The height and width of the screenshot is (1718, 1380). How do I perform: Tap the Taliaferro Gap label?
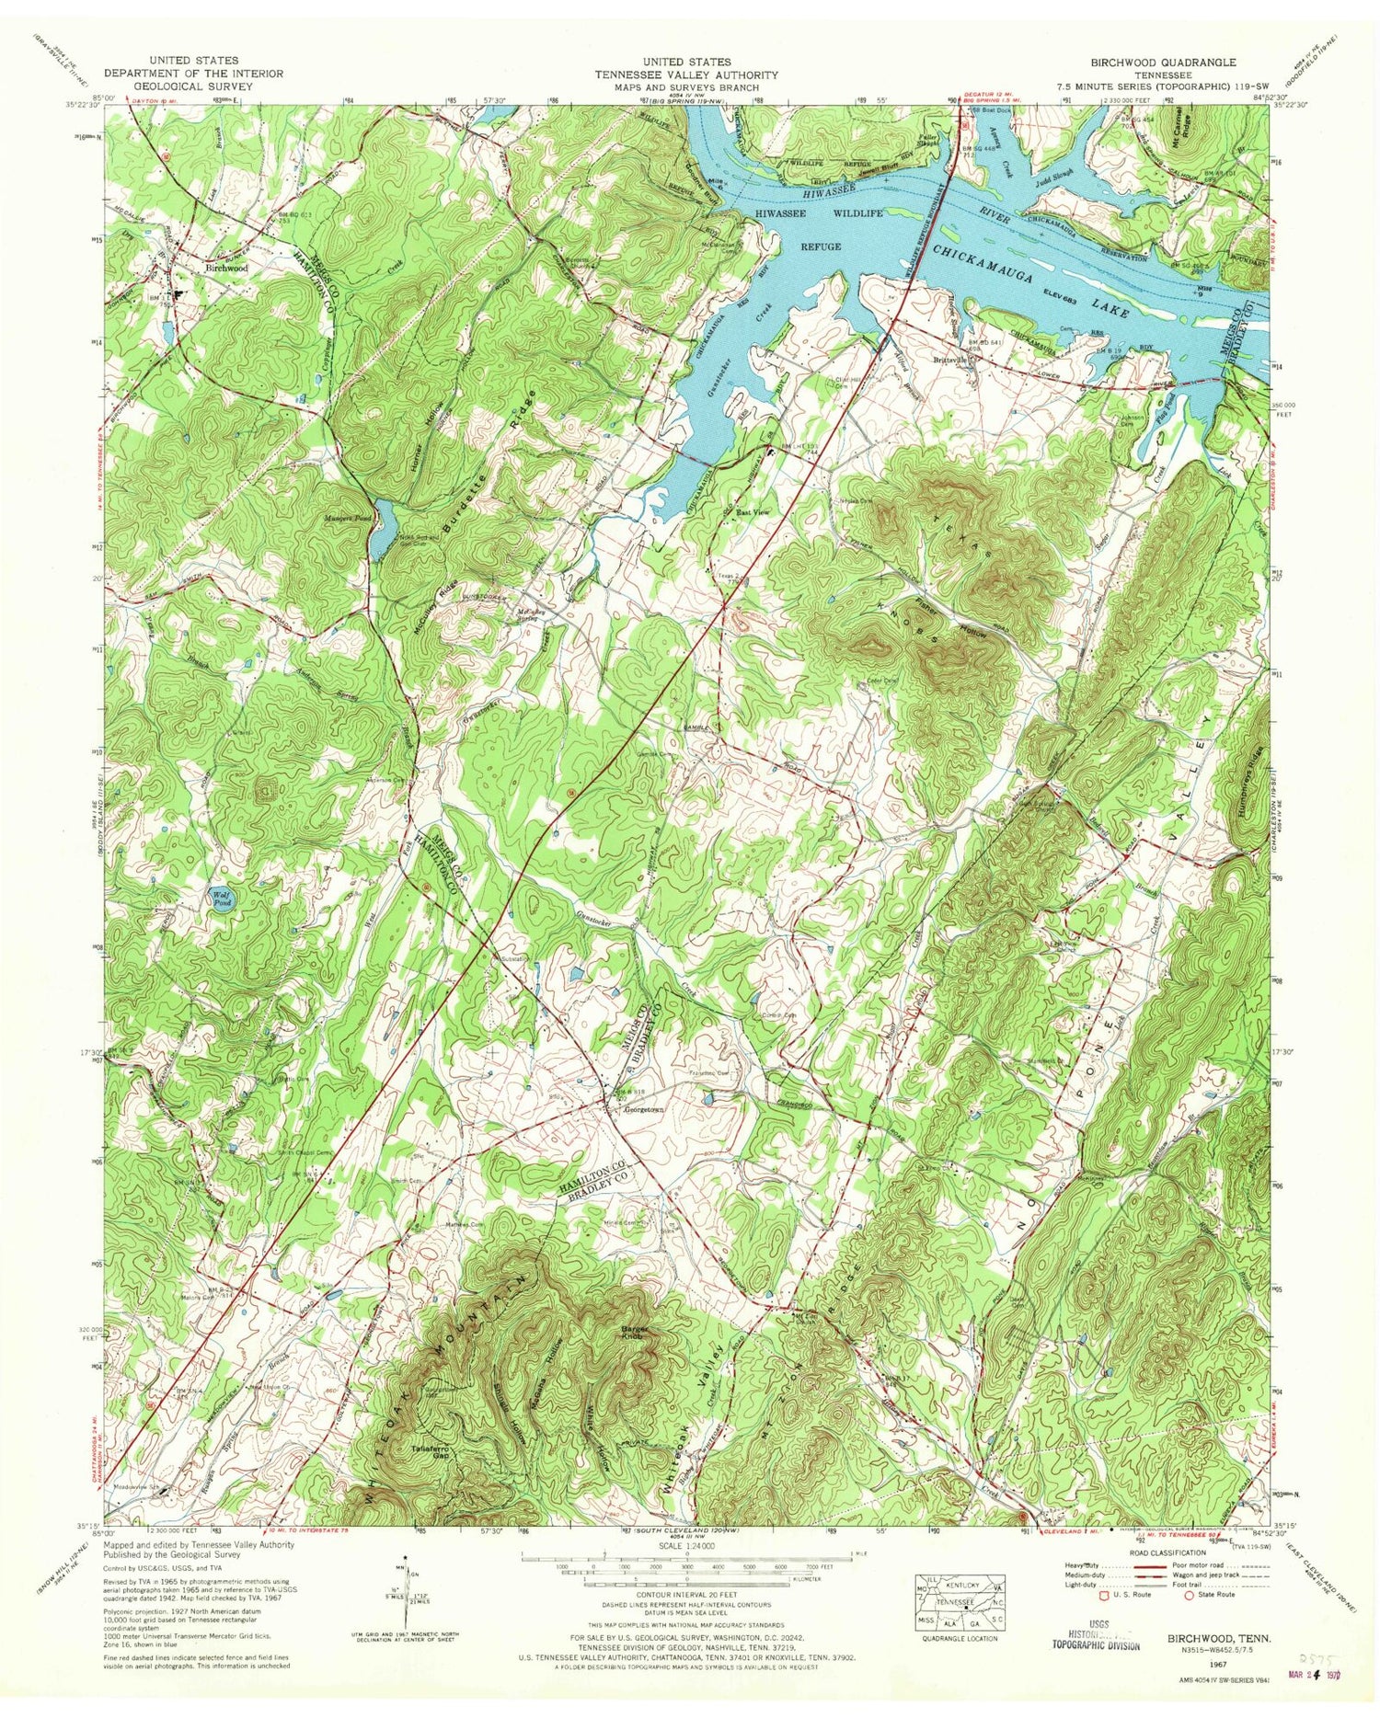[x=424, y=1455]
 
